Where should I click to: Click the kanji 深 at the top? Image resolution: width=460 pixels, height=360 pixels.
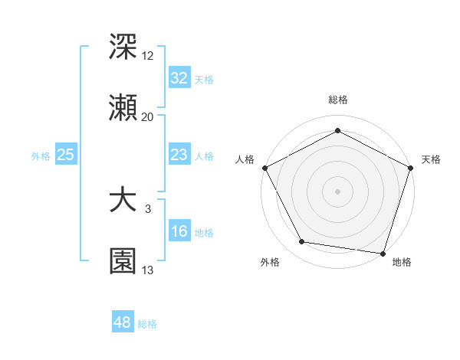[x=123, y=47]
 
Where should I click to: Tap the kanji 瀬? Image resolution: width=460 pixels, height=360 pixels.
[x=123, y=109]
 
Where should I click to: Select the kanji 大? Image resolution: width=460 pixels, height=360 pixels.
[x=123, y=201]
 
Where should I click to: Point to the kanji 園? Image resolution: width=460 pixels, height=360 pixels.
[x=123, y=262]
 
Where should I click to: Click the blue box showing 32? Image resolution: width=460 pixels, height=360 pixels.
[x=179, y=78]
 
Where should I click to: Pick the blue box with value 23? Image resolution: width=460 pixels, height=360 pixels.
[x=179, y=155]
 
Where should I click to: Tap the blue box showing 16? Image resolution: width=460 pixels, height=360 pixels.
[x=179, y=231]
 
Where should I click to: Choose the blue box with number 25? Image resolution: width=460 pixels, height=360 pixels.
[x=65, y=155]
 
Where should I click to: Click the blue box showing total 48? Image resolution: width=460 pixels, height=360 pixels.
[x=122, y=322]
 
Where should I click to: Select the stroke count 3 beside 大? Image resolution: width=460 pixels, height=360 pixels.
[x=148, y=208]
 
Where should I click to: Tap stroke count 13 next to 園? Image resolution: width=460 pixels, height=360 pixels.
[x=148, y=270]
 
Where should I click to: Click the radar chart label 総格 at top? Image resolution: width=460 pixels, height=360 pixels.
[x=338, y=100]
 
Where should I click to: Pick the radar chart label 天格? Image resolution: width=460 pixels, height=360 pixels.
[x=431, y=159]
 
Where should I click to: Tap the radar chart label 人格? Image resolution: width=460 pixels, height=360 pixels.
[x=245, y=159]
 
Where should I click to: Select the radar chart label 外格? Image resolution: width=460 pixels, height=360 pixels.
[x=269, y=262]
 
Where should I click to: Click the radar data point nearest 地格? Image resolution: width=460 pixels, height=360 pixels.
[x=383, y=253]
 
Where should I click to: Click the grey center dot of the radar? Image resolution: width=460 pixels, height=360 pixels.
[x=338, y=191]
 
